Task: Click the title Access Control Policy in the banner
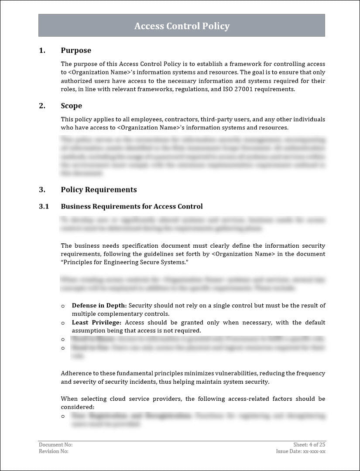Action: pyautogui.click(x=182, y=26)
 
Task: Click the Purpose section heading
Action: pyautogui.click(x=76, y=51)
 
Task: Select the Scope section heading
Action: pyautogui.click(x=71, y=106)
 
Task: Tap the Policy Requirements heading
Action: pyautogui.click(x=99, y=190)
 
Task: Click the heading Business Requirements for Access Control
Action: pyautogui.click(x=131, y=206)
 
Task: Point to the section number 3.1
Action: pyautogui.click(x=44, y=206)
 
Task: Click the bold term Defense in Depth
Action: pyautogui.click(x=99, y=306)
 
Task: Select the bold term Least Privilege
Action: pyautogui.click(x=96, y=323)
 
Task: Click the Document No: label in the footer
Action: pyautogui.click(x=55, y=445)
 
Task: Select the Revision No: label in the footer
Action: pyautogui.click(x=54, y=452)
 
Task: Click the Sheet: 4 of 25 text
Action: pyautogui.click(x=309, y=445)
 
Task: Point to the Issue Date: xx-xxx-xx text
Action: pyautogui.click(x=301, y=452)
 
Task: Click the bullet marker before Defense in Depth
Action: pyautogui.click(x=63, y=306)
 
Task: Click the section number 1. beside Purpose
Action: pyautogui.click(x=42, y=51)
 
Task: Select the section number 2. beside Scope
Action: pyautogui.click(x=42, y=106)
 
